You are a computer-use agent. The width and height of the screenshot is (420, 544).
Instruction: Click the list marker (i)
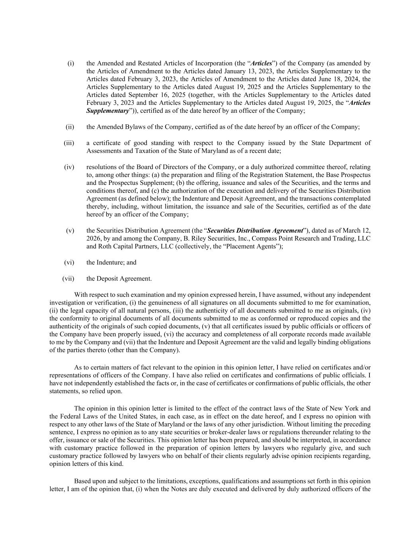[x=70, y=63]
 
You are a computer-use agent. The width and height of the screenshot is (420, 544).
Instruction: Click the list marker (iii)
[x=69, y=143]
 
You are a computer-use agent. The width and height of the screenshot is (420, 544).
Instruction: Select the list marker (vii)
[x=68, y=279]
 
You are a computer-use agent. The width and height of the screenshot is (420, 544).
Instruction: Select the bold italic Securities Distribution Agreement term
[x=255, y=231]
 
